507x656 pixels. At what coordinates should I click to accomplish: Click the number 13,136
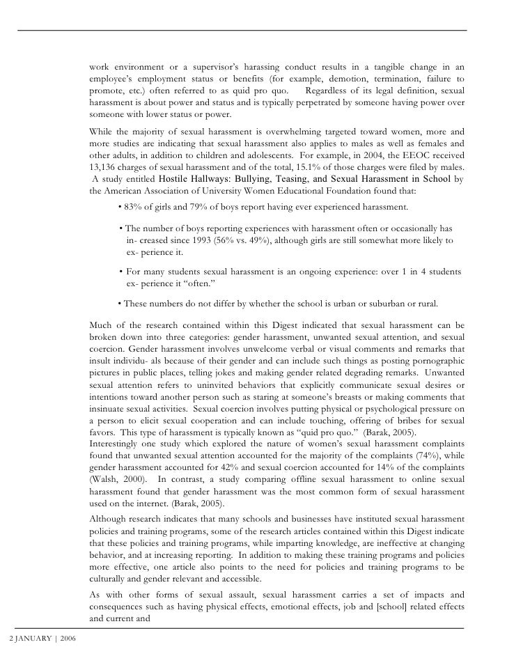coord(105,167)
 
